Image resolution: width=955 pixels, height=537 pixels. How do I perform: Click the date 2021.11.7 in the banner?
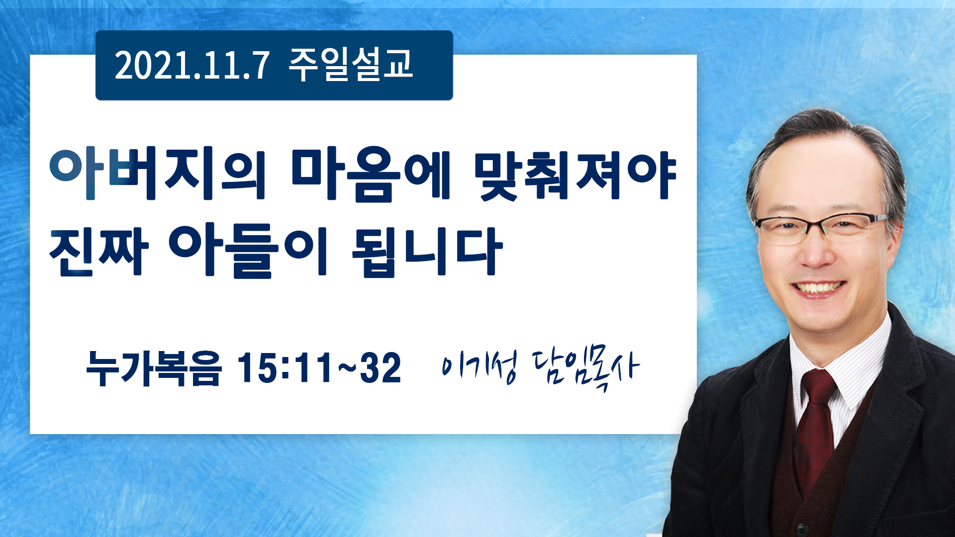tap(192, 65)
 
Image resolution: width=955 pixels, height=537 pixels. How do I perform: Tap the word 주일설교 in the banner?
tap(351, 64)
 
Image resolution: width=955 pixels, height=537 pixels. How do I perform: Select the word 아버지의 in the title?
tap(157, 173)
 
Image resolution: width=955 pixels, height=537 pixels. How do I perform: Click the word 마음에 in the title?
tap(371, 173)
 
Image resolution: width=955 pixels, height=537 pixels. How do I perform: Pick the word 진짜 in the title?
tap(99, 251)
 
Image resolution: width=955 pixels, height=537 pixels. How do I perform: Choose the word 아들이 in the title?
tap(248, 251)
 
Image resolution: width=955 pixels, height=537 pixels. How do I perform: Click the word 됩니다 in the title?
tap(427, 252)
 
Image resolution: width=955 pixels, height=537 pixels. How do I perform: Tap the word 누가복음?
tap(153, 368)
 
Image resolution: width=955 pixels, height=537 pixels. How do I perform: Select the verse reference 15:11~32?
tap(319, 368)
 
